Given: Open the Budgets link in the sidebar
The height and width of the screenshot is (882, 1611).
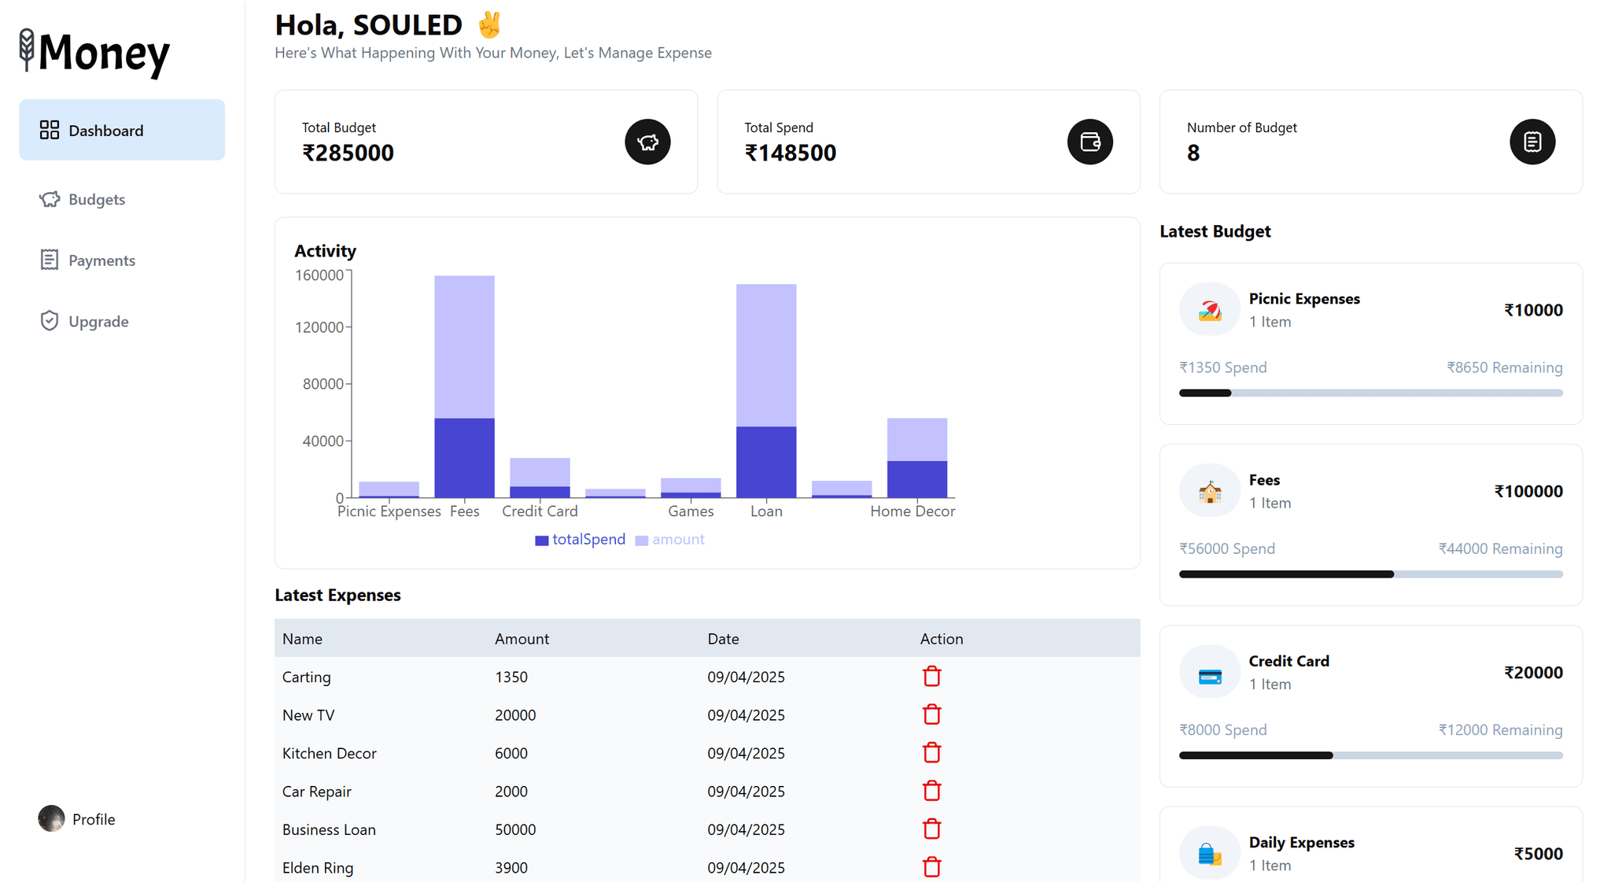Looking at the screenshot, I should (x=96, y=200).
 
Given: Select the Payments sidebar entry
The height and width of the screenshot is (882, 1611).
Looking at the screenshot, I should (x=101, y=260).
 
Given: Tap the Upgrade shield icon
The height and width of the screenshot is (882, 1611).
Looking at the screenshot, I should (x=50, y=321).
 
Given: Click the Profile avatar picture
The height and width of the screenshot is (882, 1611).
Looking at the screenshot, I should (x=52, y=818).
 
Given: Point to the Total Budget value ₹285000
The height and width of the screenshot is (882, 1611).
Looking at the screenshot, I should (x=348, y=153).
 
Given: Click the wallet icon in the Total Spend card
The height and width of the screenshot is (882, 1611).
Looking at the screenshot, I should (x=1089, y=142).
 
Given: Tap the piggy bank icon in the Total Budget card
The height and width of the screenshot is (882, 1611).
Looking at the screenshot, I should (x=647, y=142).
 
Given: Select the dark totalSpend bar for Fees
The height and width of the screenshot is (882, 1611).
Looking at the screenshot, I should (x=464, y=458).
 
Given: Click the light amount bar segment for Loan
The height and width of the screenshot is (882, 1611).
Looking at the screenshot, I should (x=766, y=354).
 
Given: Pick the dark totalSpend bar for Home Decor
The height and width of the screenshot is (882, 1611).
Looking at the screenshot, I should (x=917, y=479).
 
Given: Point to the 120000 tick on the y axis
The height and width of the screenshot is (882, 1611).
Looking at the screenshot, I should (x=319, y=327).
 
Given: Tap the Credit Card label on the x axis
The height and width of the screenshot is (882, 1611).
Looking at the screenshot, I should (x=540, y=511).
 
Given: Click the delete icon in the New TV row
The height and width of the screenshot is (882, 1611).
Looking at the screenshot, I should (x=931, y=714).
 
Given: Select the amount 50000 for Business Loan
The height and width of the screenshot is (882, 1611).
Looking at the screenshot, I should (x=515, y=829).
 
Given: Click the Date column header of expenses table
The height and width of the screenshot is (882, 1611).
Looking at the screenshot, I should (x=723, y=639).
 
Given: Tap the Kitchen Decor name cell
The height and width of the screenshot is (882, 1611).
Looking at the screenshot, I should (x=329, y=753).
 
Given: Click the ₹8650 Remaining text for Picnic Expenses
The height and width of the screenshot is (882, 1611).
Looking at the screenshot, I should (x=1504, y=367).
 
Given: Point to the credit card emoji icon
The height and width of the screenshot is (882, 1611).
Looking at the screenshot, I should (x=1209, y=676).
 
